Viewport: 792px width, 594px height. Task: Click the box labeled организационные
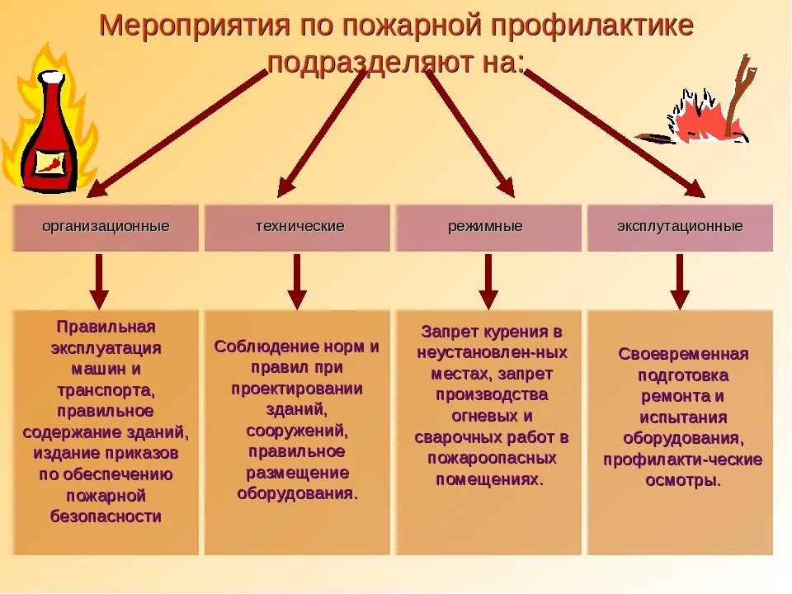tap(106, 227)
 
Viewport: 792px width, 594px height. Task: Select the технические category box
tap(297, 227)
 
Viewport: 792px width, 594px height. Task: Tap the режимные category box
tap(487, 227)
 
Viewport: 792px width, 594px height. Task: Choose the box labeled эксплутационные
tap(680, 227)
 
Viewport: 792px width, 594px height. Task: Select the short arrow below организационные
tap(99, 280)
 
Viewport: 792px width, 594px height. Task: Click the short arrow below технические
tap(297, 280)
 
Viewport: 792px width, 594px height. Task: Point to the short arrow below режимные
tap(488, 280)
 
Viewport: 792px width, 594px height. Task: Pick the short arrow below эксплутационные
tap(679, 280)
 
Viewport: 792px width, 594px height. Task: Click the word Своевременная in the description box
tap(683, 354)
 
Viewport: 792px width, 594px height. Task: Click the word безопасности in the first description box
tap(105, 516)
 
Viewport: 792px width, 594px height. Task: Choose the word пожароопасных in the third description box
tap(492, 458)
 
